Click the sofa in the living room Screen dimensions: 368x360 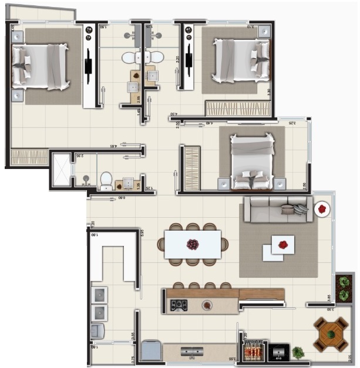coord(278,210)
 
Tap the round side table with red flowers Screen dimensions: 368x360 coord(322,209)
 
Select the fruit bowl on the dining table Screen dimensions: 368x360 coord(193,244)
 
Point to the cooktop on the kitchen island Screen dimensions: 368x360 coord(179,305)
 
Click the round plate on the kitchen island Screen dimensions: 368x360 coord(206,305)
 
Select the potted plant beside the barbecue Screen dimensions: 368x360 coord(298,353)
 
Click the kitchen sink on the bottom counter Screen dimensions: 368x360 coord(192,352)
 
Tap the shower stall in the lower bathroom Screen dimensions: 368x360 coord(61,170)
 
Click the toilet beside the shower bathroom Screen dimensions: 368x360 coord(106,180)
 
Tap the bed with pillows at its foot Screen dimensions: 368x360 coord(252,161)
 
